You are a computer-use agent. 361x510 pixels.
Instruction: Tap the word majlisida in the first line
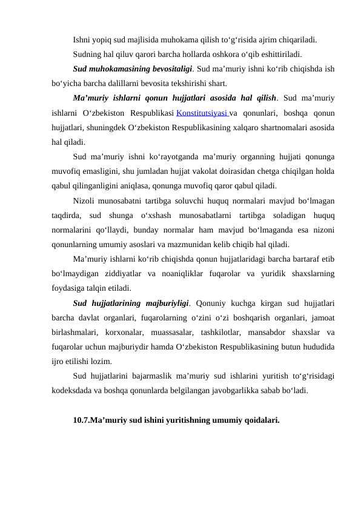[157, 40]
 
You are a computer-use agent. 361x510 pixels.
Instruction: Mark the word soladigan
[280, 214]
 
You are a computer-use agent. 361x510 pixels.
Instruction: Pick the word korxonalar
[123, 332]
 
